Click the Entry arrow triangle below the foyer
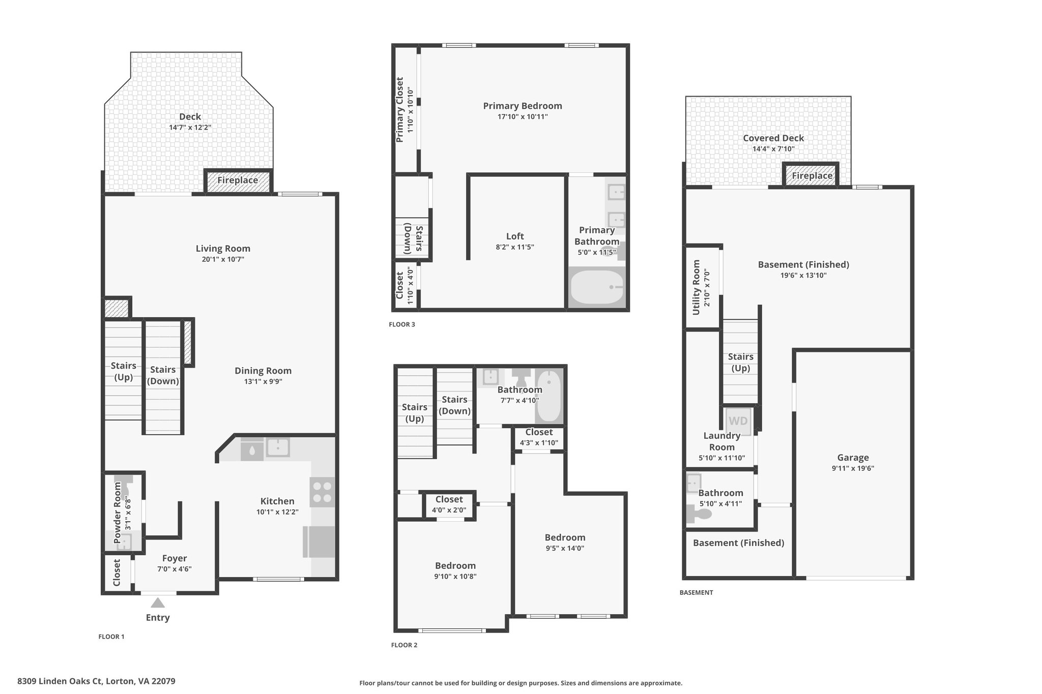point(158,602)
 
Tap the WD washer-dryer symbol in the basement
point(738,421)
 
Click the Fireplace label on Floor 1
point(238,180)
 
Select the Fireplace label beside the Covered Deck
point(812,176)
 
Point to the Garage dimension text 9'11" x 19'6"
point(853,469)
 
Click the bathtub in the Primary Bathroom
point(597,288)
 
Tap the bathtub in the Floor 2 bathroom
point(549,397)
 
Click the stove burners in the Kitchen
point(322,492)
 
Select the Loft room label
point(515,236)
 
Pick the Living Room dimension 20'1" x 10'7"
point(223,259)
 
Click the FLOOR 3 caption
point(402,324)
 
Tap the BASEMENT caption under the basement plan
point(696,592)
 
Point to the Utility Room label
point(697,287)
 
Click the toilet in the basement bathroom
point(699,514)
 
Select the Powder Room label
point(118,512)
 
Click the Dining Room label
point(263,371)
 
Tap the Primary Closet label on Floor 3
point(400,110)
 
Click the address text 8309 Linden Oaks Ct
point(60,681)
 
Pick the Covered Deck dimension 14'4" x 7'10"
point(773,149)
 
